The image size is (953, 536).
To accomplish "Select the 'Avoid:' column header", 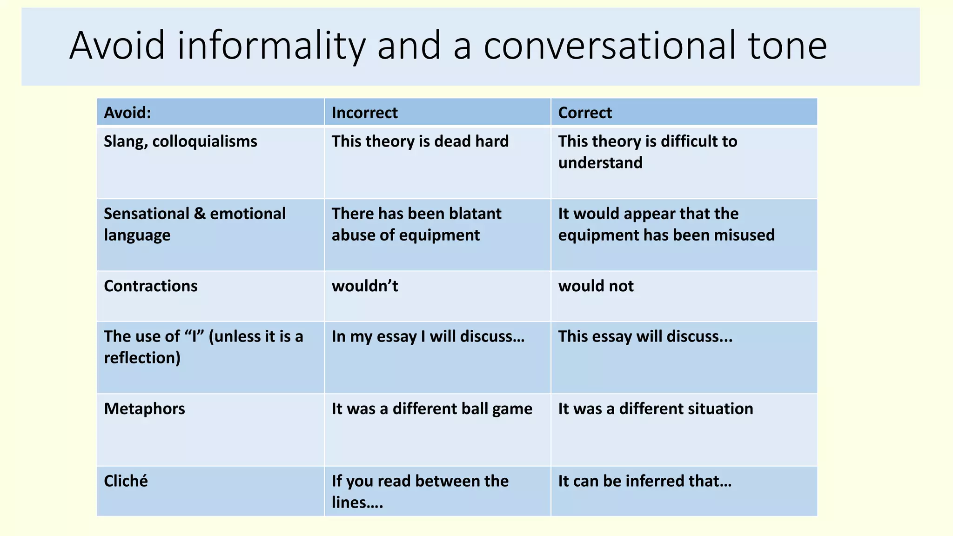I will [128, 113].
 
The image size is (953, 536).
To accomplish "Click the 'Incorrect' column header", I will [364, 113].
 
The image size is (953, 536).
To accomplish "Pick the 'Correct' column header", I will [585, 113].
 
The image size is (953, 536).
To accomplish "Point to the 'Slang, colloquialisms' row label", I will [181, 141].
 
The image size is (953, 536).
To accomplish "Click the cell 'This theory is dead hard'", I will [420, 141].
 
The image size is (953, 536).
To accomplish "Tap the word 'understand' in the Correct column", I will [600, 163].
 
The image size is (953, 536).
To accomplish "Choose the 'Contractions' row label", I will [151, 286].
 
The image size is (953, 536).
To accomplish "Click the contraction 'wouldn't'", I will [365, 286].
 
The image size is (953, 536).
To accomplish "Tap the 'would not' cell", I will [596, 286].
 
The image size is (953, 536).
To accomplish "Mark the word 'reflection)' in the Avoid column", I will [142, 358].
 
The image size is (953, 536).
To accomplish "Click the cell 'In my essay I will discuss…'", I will [428, 336].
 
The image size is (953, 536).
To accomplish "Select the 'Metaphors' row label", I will [144, 409].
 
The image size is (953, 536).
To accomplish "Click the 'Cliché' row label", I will [126, 481].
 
